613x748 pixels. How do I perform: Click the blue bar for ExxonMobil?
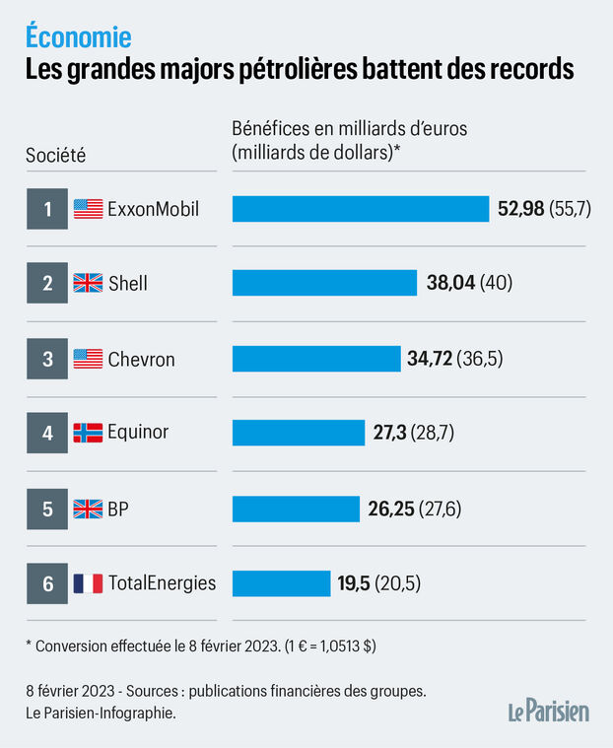pyautogui.click(x=361, y=209)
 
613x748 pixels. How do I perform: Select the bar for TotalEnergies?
pyautogui.click(x=281, y=583)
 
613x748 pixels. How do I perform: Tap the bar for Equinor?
pyautogui.click(x=299, y=434)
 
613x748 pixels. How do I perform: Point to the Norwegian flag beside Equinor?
pyautogui.click(x=88, y=434)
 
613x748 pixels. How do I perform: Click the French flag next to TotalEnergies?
pyautogui.click(x=88, y=583)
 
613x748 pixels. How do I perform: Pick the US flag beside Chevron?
pyautogui.click(x=88, y=359)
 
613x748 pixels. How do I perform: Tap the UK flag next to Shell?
pyautogui.click(x=88, y=284)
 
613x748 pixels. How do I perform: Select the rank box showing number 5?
pyautogui.click(x=47, y=509)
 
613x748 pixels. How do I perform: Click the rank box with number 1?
pyautogui.click(x=47, y=209)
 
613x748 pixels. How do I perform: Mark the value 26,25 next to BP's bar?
pyautogui.click(x=390, y=509)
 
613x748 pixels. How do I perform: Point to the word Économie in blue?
pyautogui.click(x=78, y=37)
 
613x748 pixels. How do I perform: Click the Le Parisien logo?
pyautogui.click(x=548, y=711)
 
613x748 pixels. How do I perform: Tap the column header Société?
pyautogui.click(x=55, y=154)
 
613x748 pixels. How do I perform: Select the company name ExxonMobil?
pyautogui.click(x=154, y=209)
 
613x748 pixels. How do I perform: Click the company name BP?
pyautogui.click(x=119, y=509)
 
